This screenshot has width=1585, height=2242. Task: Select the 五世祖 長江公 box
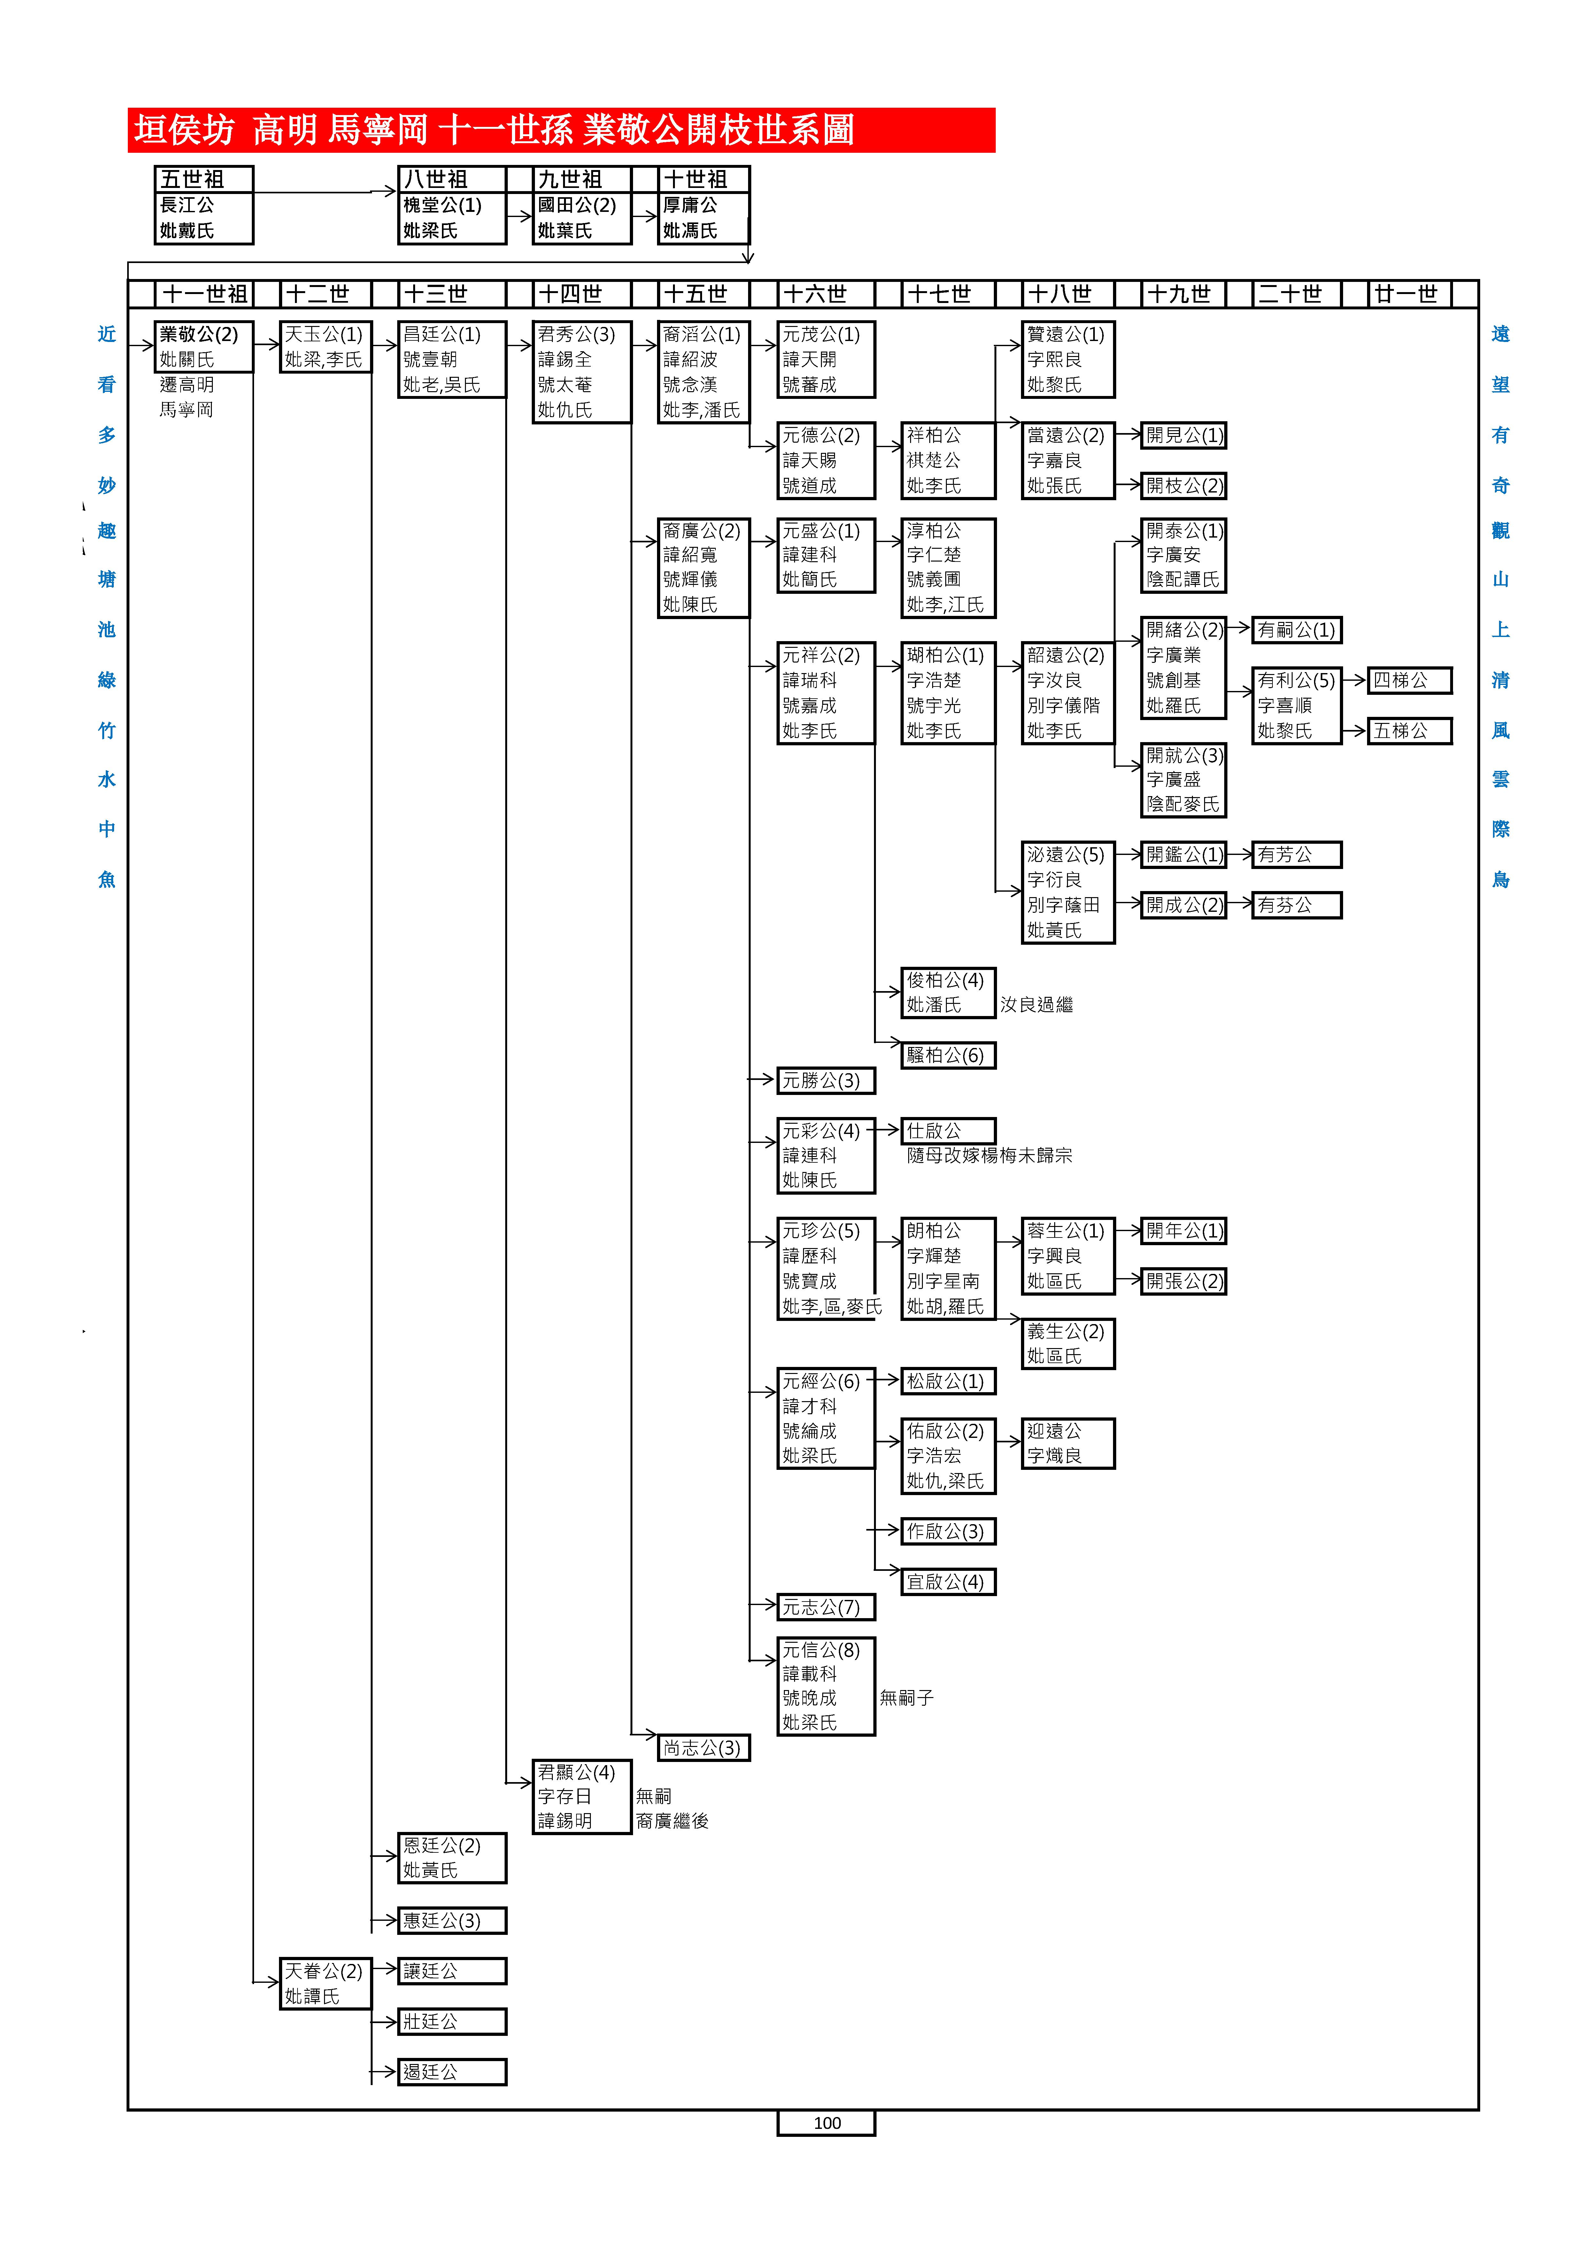[x=203, y=205]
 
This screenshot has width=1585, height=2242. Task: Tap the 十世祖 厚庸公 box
[x=703, y=205]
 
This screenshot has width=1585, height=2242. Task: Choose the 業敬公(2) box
[x=203, y=347]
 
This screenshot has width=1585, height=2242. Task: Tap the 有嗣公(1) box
[x=1296, y=630]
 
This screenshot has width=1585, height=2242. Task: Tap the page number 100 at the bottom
[x=826, y=2123]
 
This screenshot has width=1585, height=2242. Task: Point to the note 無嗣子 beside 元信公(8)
[x=906, y=1698]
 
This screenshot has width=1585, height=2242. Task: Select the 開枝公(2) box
[x=1184, y=485]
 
